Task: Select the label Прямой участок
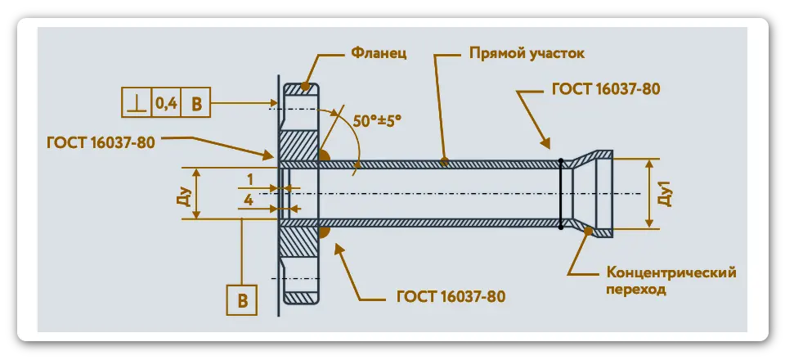(527, 54)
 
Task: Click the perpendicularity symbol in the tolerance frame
(134, 103)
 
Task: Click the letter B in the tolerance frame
(197, 103)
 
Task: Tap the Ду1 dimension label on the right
(666, 194)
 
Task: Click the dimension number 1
(249, 178)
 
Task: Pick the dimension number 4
(249, 199)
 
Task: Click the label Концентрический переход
(671, 280)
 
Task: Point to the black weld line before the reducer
(561, 193)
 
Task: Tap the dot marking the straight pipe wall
(444, 161)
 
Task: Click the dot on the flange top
(307, 85)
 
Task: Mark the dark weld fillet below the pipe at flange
(324, 232)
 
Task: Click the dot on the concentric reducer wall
(589, 232)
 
